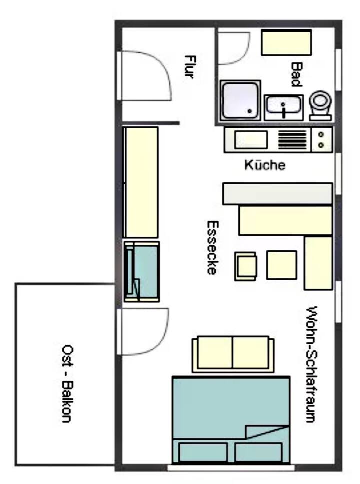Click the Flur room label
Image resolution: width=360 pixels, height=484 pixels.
point(189,67)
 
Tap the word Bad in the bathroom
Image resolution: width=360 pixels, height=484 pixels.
point(296,75)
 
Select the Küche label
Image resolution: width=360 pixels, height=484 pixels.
point(265,165)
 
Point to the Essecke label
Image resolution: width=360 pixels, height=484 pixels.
point(212,247)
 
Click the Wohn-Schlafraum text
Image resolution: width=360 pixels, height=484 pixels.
point(311,364)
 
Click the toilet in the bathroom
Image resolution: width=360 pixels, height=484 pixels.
point(321,105)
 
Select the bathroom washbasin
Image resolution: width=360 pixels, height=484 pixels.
point(283,107)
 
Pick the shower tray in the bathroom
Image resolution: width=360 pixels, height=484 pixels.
point(240,100)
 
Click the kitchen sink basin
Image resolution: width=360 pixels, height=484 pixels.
point(251,140)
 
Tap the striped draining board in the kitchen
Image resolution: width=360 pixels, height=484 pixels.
point(293,140)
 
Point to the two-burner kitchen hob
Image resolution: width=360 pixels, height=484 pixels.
point(321,140)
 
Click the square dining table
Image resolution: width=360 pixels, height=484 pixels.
point(282,265)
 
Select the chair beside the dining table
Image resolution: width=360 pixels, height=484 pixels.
point(246,266)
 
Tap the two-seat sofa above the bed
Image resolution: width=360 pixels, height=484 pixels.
point(233,354)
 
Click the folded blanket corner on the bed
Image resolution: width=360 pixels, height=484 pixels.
point(267,432)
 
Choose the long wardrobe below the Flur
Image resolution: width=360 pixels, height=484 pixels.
point(141,182)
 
